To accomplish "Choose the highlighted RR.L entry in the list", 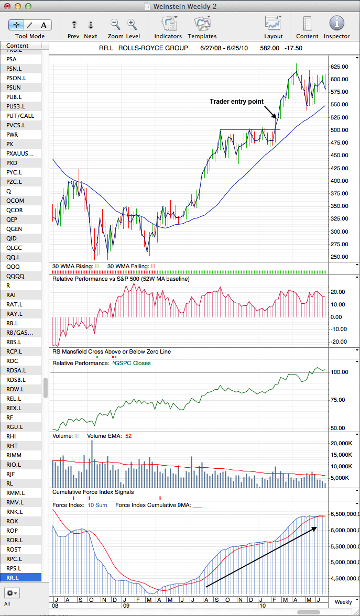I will click(14, 578).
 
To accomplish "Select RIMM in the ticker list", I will click(14, 455).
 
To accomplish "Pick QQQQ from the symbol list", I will click(15, 276).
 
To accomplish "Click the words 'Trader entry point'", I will click(236, 102).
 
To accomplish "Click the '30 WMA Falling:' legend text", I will click(128, 266).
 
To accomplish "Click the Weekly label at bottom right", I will click(343, 602).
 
